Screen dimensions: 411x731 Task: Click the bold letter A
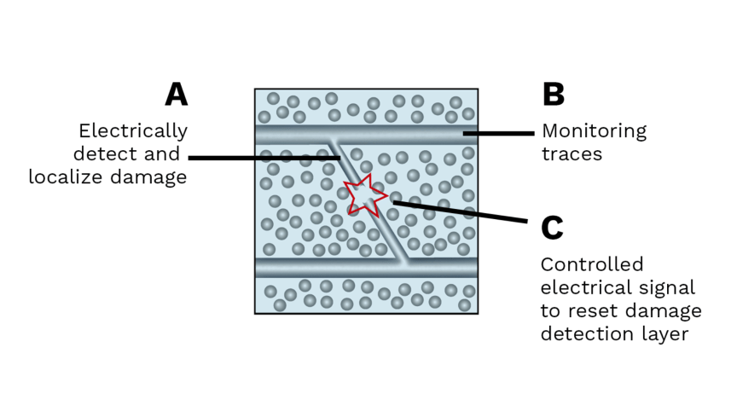tap(176, 94)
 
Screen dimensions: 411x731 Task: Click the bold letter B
tap(554, 94)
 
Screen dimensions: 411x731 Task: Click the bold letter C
tap(553, 228)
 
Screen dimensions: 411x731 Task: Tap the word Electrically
tap(132, 130)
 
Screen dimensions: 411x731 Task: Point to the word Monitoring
tap(595, 131)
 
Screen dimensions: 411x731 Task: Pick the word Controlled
tap(592, 264)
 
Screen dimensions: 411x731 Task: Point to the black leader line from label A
tap(256, 158)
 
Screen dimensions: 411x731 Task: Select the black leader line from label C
tap(461, 211)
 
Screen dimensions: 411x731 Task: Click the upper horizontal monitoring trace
tap(290, 135)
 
